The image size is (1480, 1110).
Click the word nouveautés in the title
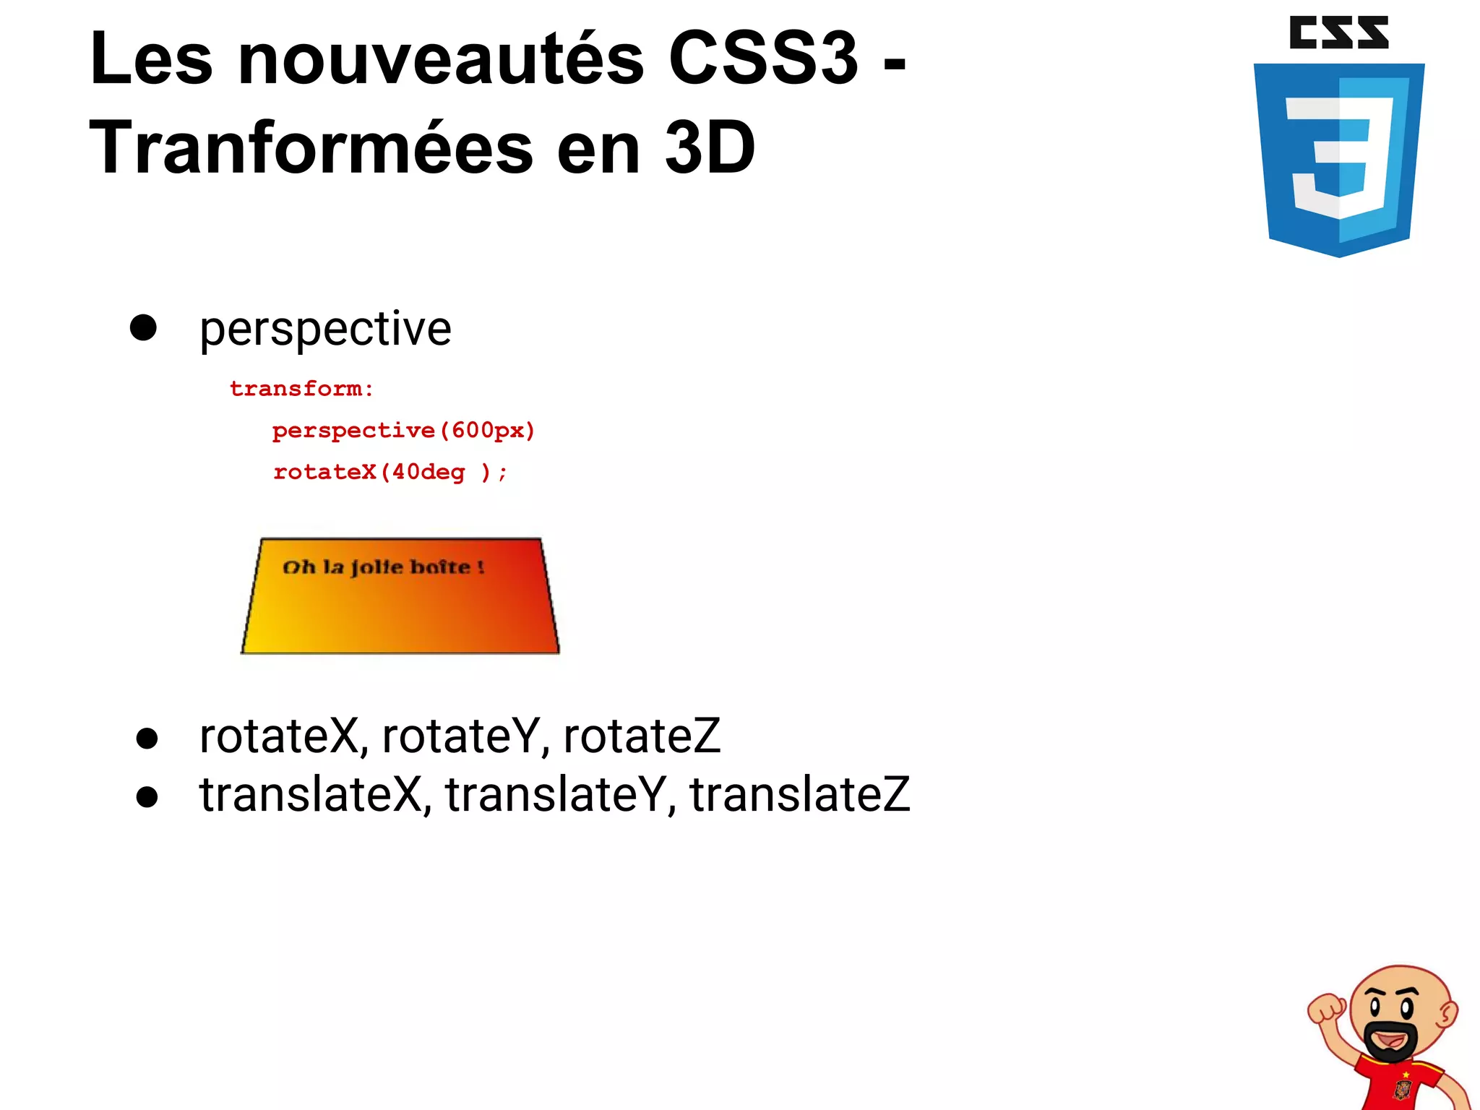(x=440, y=59)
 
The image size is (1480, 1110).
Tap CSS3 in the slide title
(x=762, y=59)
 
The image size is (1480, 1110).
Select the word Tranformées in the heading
(x=311, y=149)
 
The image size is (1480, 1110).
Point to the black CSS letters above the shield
(x=1338, y=33)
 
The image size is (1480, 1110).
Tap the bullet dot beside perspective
(x=143, y=327)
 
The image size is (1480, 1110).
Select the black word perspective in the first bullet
(x=325, y=330)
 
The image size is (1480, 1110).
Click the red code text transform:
(x=301, y=389)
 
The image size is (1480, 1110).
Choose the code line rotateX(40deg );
(x=390, y=473)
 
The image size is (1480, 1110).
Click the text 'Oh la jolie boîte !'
(x=383, y=567)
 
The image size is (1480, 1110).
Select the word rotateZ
(x=642, y=736)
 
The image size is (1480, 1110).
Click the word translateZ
(x=799, y=795)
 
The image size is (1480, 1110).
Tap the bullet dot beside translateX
(x=147, y=797)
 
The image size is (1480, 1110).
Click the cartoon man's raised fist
(x=1327, y=1009)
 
